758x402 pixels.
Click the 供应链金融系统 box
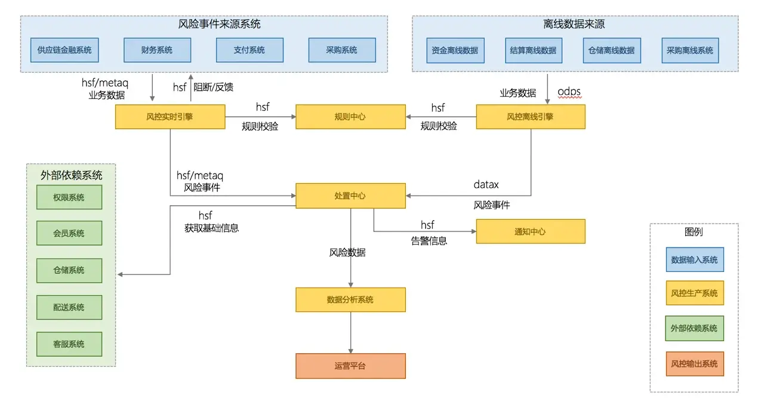64,50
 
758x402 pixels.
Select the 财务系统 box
157,50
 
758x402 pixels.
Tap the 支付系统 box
249,50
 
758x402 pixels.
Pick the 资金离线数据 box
455,51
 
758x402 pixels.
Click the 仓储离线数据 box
611,51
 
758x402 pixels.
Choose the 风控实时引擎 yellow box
170,117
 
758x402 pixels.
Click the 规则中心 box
350,117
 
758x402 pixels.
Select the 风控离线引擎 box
530,117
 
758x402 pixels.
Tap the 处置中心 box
350,196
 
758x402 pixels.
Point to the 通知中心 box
530,231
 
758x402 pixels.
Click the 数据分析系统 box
350,299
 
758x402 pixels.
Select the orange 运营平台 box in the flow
350,366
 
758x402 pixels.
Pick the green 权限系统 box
69,197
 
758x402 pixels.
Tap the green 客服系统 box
69,344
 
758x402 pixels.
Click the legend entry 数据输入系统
694,260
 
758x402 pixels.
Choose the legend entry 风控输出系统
694,364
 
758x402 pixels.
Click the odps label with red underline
569,92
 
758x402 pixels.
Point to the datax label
486,185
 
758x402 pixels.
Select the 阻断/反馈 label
213,87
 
